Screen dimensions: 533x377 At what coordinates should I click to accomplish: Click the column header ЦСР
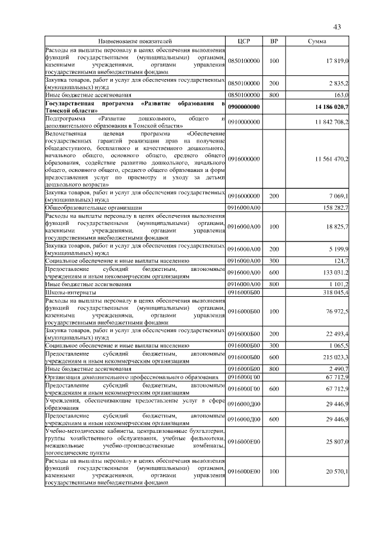point(244,42)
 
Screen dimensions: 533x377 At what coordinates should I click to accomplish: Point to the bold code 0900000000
point(244,106)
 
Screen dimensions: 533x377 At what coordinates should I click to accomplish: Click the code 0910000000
point(244,121)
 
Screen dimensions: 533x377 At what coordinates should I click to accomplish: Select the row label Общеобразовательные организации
point(93,207)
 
